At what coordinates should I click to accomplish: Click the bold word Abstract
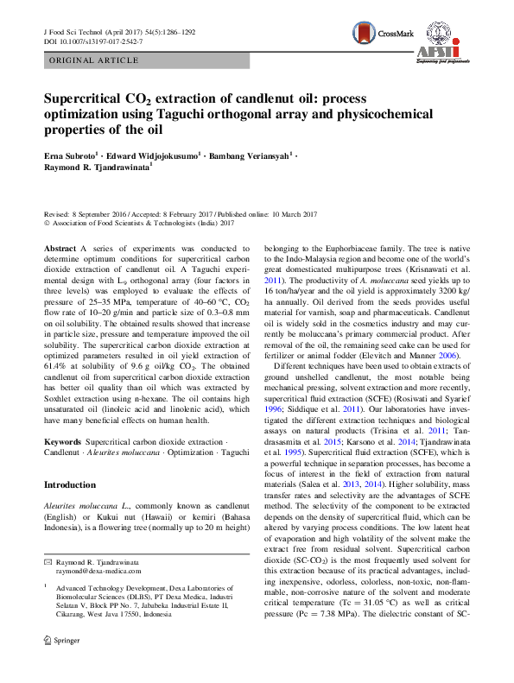[60, 248]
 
